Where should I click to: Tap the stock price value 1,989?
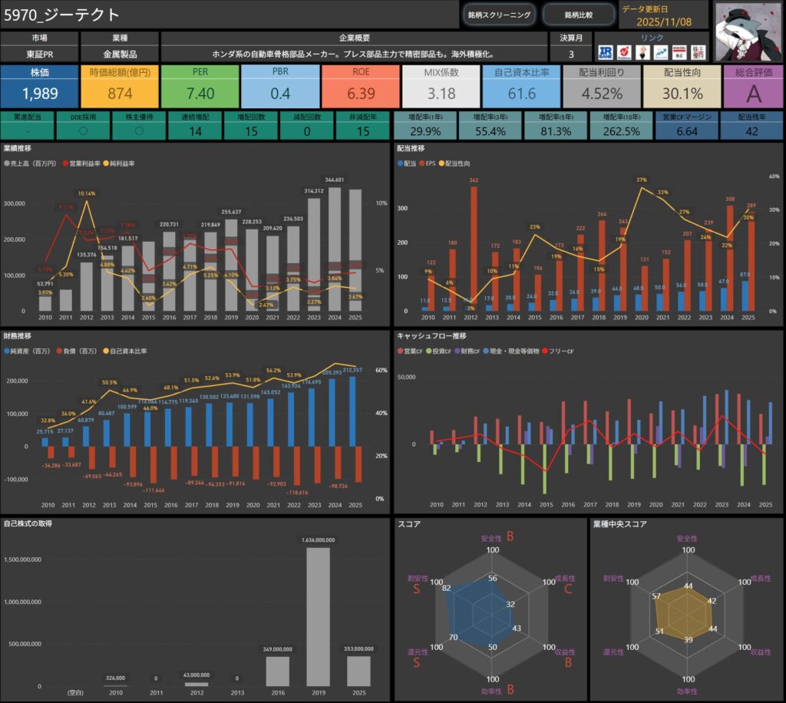(39, 94)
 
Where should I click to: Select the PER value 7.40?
(200, 94)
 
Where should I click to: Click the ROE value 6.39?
(360, 94)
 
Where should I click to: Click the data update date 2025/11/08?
(665, 22)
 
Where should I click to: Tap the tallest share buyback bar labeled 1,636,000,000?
(318, 614)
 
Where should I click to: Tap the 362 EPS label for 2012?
(474, 180)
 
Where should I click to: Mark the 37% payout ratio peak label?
(642, 180)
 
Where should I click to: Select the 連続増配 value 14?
(196, 131)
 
